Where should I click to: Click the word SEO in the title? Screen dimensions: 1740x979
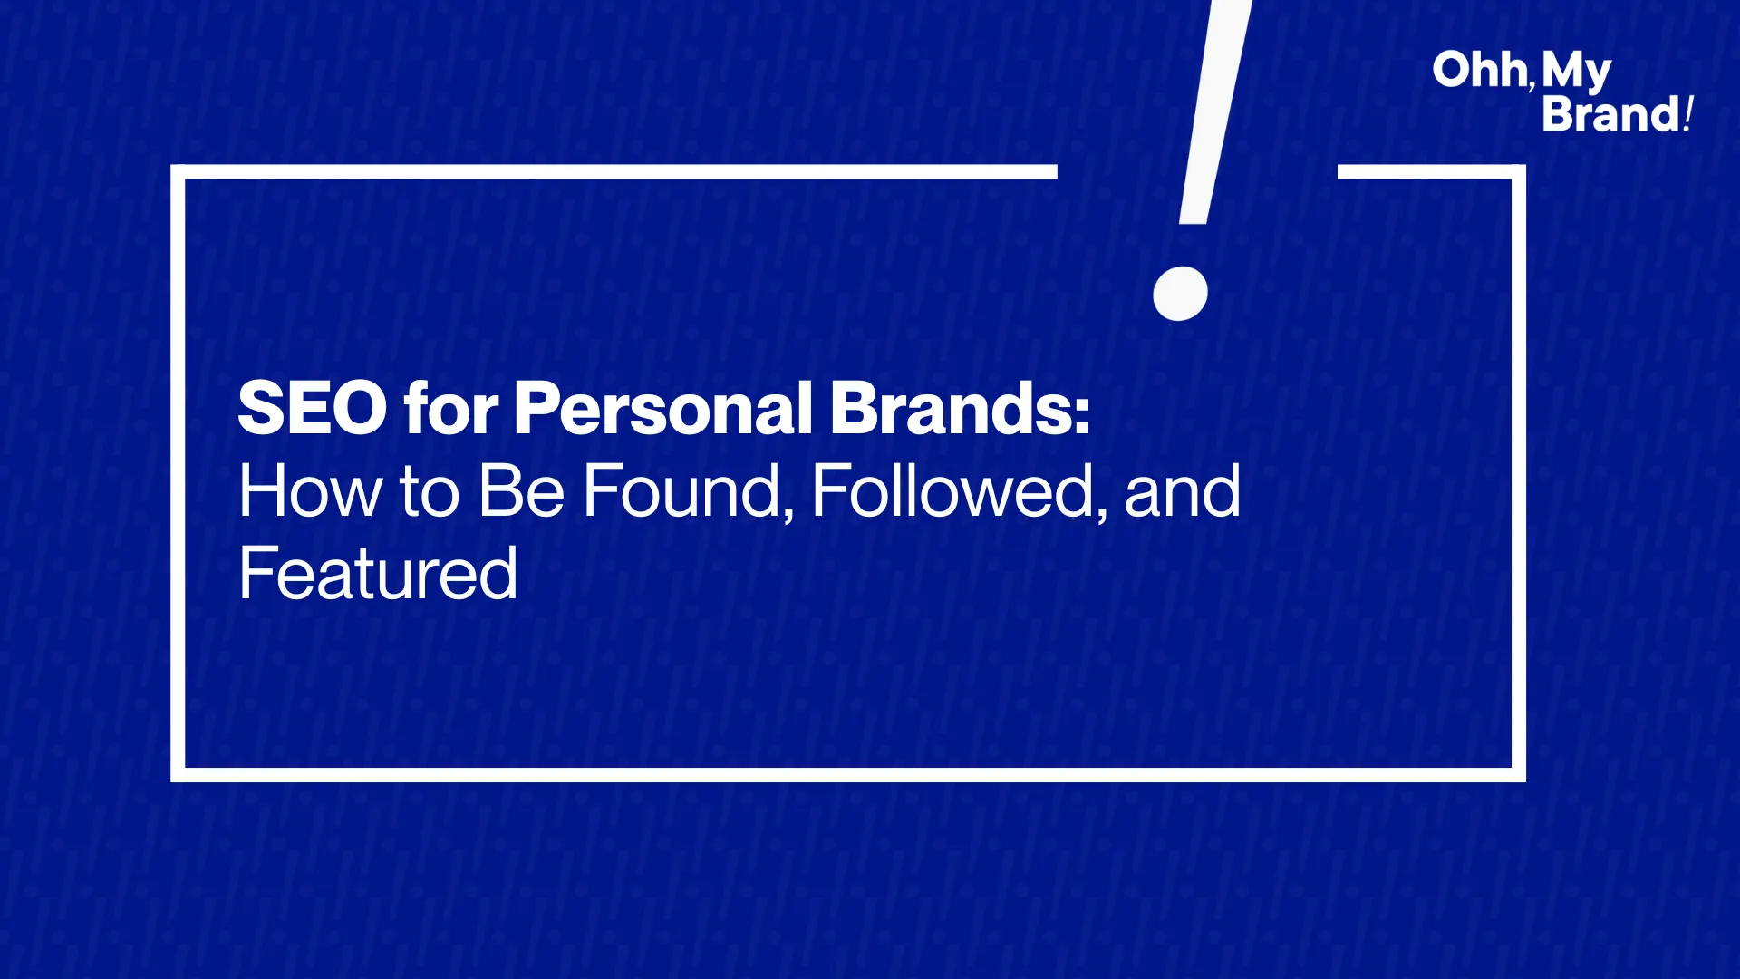313,408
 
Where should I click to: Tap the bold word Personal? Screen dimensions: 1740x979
662,408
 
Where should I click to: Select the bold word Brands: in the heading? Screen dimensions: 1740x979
960,408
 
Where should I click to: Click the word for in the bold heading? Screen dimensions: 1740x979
450,408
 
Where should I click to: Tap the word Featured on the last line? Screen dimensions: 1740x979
378,574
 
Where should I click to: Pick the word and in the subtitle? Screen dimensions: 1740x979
1182,491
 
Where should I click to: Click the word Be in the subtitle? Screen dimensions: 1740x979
521,491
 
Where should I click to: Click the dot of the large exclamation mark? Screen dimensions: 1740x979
1180,294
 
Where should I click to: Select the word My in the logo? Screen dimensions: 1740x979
1577,73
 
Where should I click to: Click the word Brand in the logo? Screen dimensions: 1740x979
1611,115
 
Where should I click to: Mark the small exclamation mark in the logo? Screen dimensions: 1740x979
1688,114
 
